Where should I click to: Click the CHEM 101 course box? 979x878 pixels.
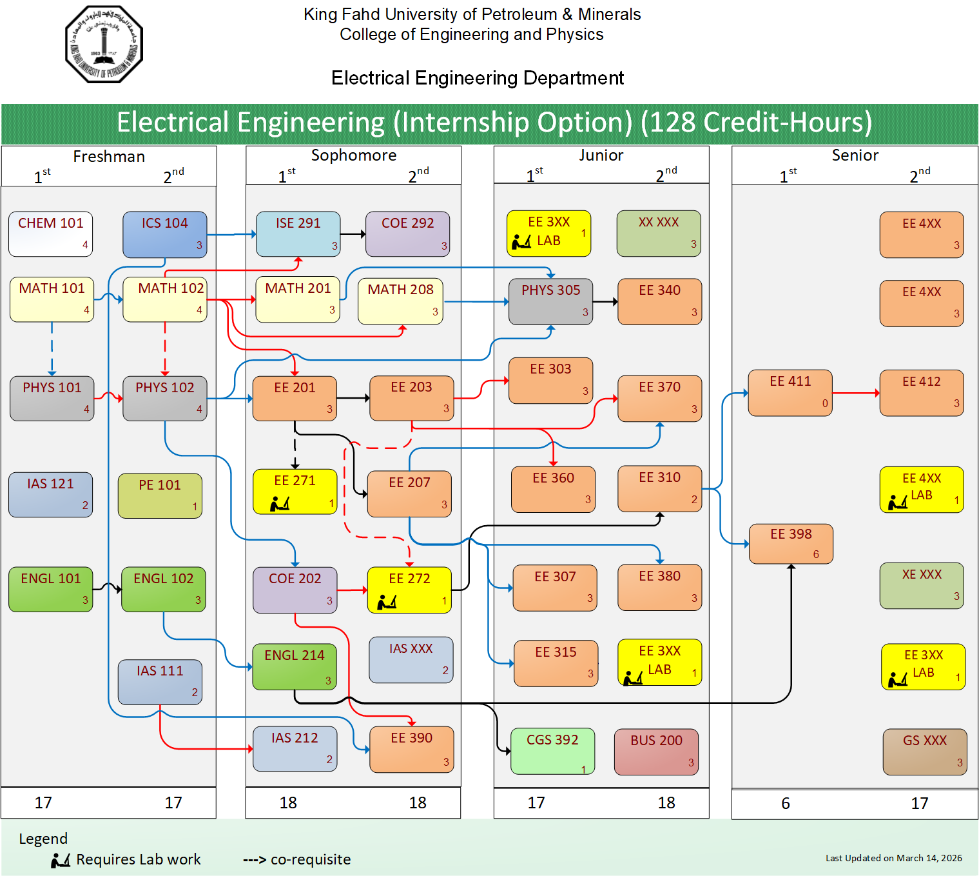click(50, 234)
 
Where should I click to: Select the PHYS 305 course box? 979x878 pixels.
click(550, 301)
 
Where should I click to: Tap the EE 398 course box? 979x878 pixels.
click(791, 544)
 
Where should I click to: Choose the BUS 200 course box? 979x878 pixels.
click(656, 752)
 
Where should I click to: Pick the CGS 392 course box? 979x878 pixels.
click(552, 751)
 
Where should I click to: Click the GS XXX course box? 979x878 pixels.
click(925, 752)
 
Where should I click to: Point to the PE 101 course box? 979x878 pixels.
click(160, 495)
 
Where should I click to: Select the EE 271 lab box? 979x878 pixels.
click(295, 492)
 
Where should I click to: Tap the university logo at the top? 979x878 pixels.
click(104, 45)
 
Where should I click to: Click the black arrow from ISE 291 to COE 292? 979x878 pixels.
click(353, 234)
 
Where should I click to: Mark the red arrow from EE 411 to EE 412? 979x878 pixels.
click(856, 393)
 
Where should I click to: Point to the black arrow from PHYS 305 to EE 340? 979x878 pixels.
click(605, 301)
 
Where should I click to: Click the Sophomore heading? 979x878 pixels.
click(353, 155)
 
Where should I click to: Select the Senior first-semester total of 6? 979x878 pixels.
click(785, 803)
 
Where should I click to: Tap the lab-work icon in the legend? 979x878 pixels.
click(61, 860)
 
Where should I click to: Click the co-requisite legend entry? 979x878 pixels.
click(296, 860)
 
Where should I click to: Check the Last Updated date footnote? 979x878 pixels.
click(893, 858)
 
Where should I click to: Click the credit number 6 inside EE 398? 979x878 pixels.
click(816, 554)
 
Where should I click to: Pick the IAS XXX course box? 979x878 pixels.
click(411, 659)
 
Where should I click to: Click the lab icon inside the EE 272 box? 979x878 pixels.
click(387, 603)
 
